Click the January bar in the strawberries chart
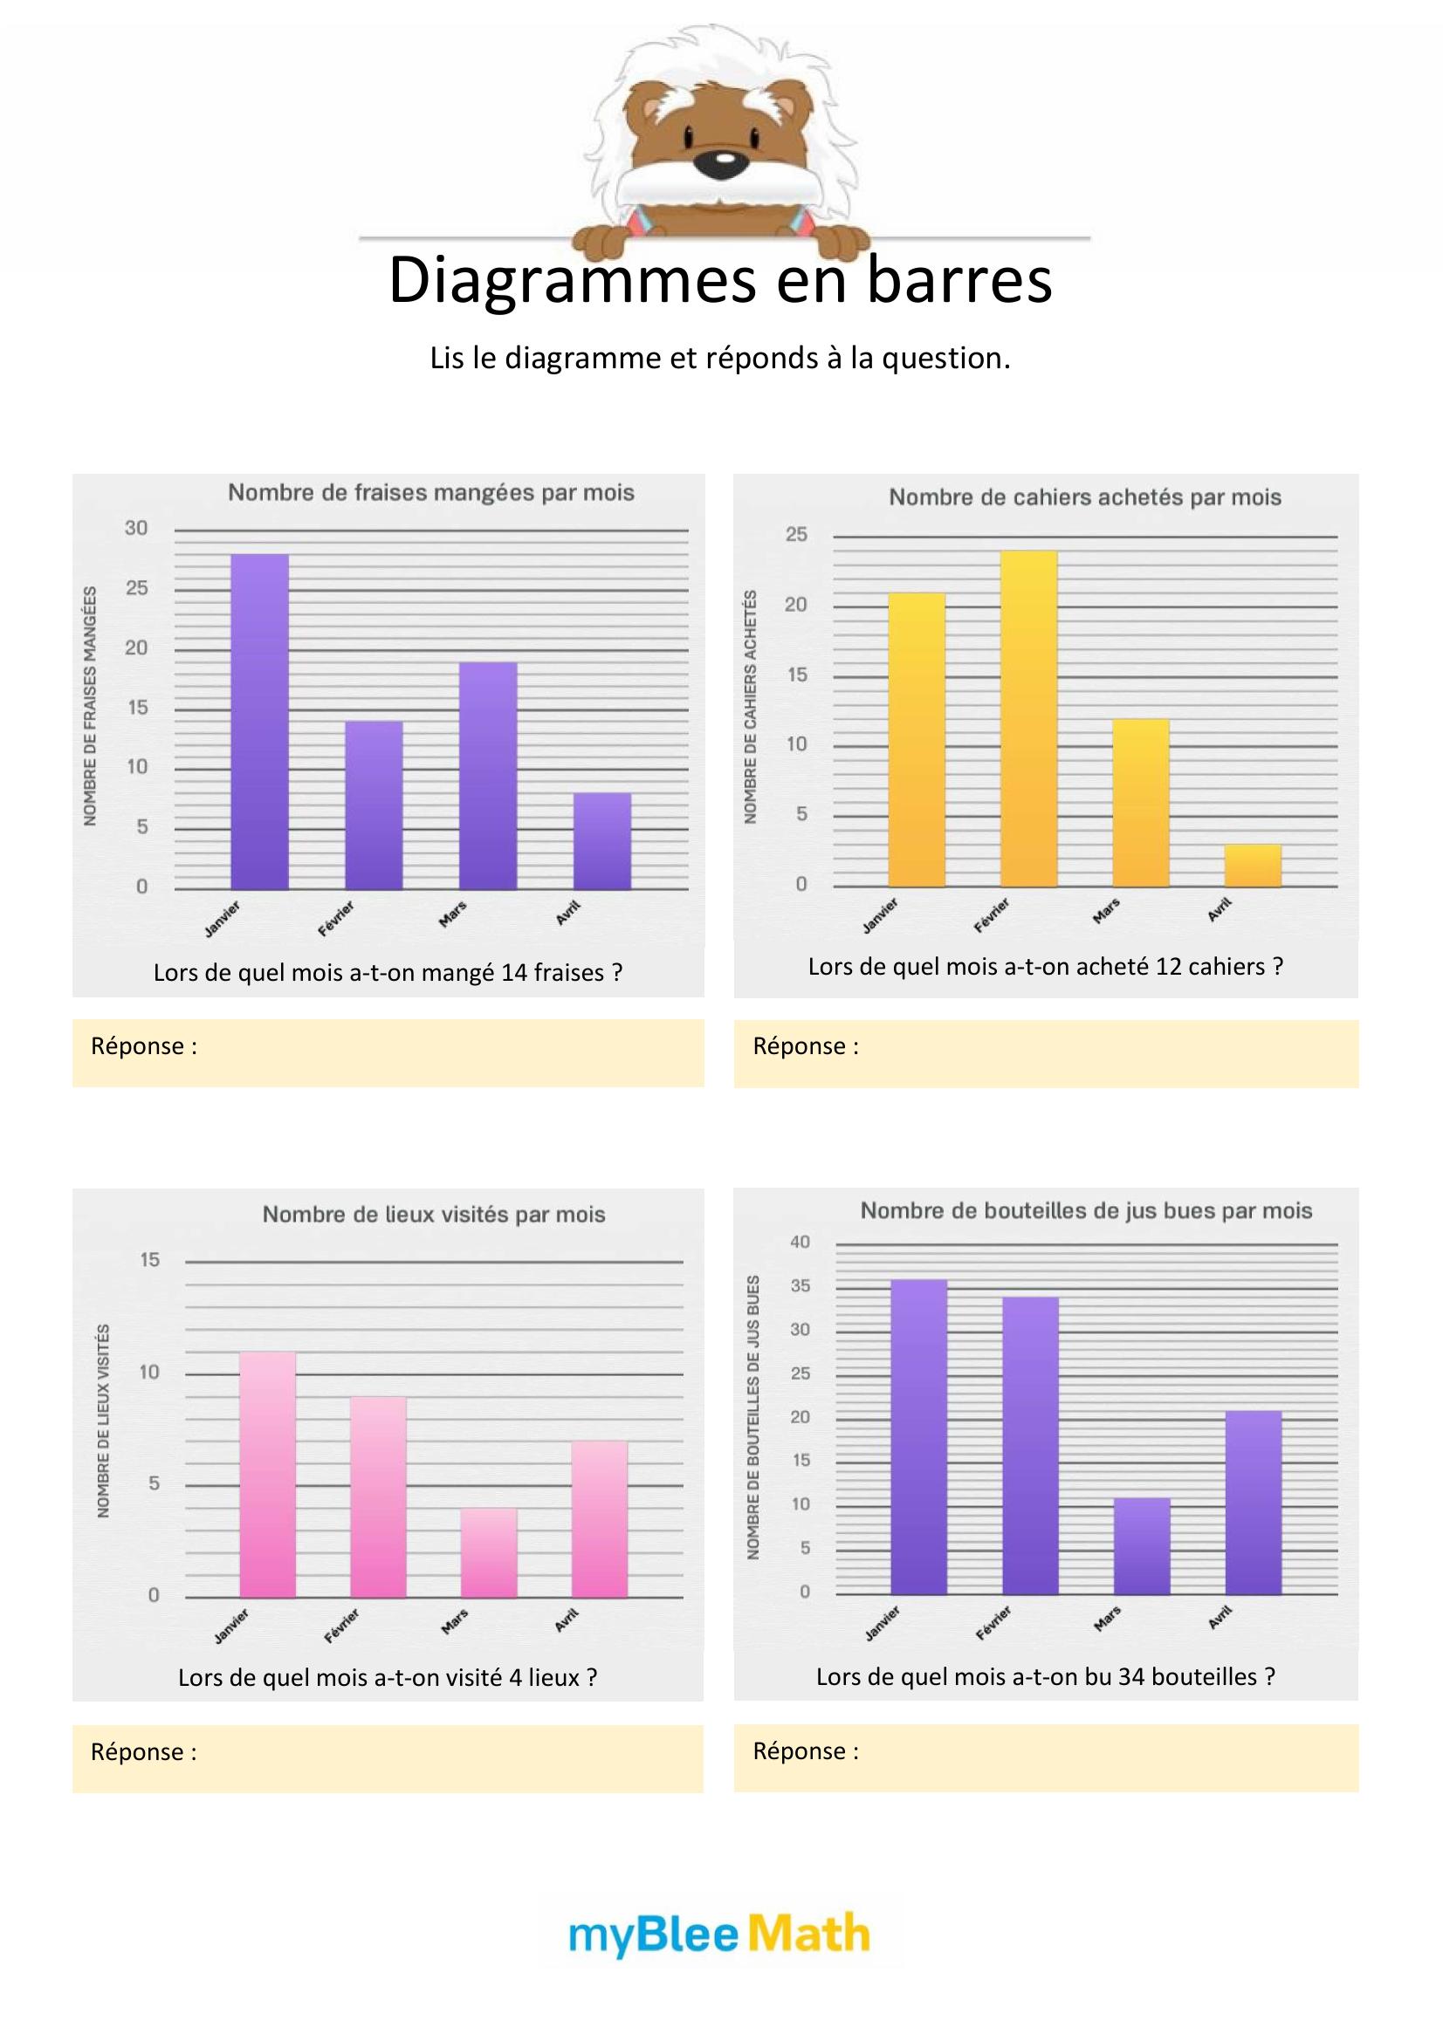[x=259, y=721]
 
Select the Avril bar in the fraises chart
[x=602, y=841]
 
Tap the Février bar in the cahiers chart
[x=1028, y=718]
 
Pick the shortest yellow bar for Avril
[x=1253, y=865]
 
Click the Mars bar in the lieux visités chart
[x=489, y=1552]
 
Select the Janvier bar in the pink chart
[x=268, y=1474]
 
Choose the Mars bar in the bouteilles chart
[x=1142, y=1546]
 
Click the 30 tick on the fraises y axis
[x=136, y=528]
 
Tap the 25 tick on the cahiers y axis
[x=797, y=534]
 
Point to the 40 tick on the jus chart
[x=801, y=1242]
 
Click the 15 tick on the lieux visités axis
[x=149, y=1260]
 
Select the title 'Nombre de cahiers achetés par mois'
[x=1085, y=497]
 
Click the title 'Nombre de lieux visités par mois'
[x=433, y=1215]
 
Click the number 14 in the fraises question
[x=515, y=972]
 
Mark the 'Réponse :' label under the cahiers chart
[x=806, y=1046]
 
